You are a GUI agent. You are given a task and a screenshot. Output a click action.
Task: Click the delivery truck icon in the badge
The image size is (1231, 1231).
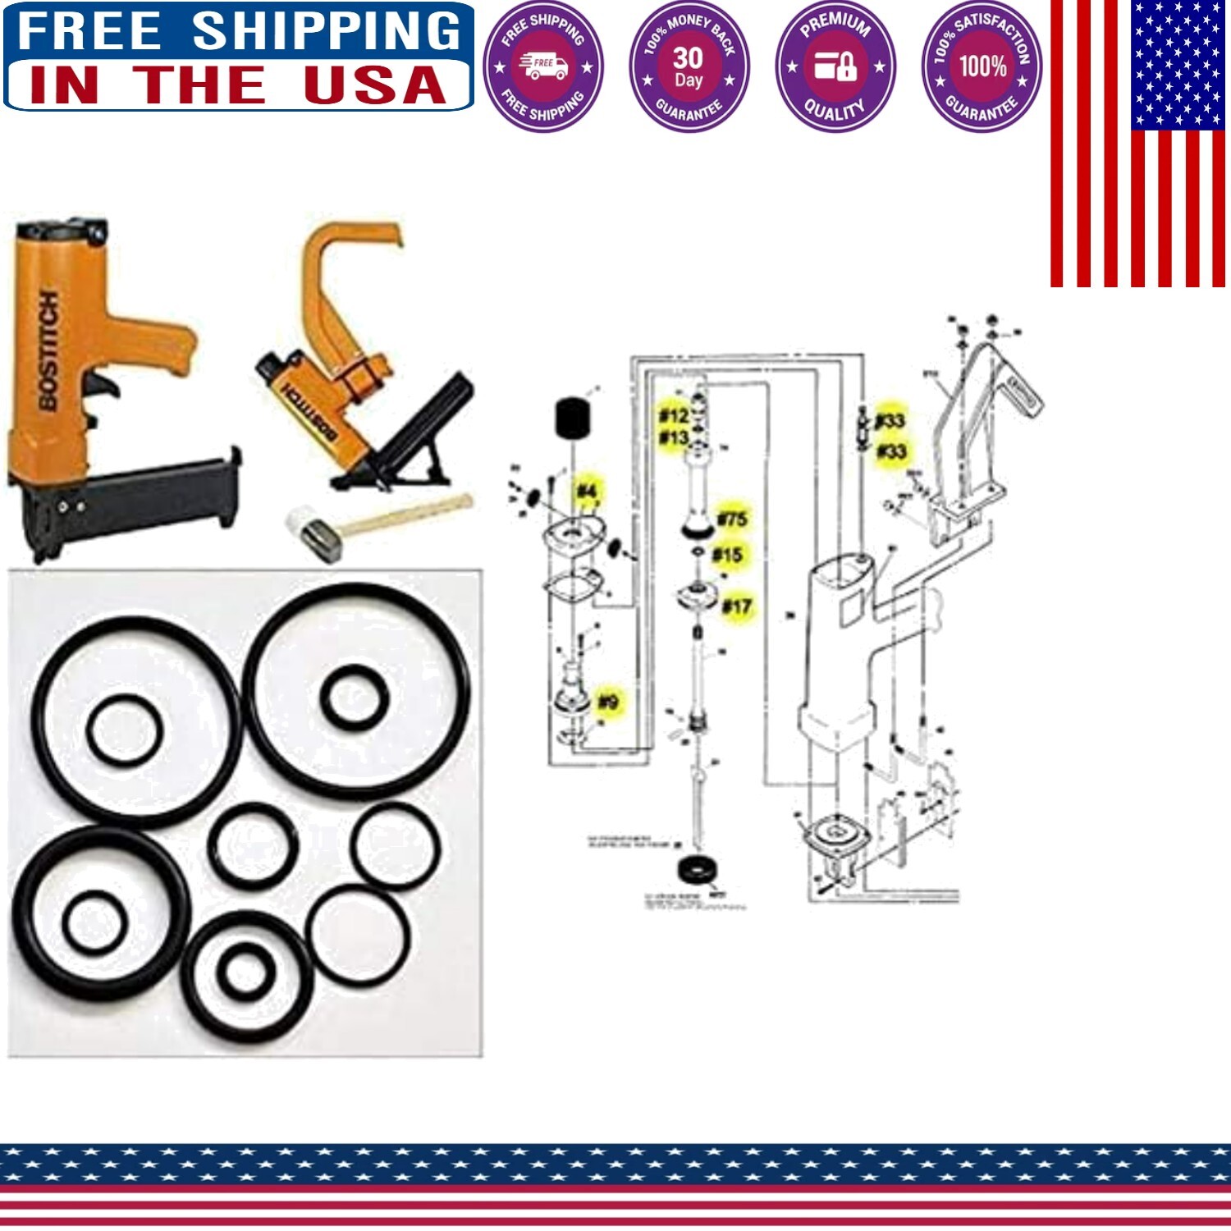tap(542, 66)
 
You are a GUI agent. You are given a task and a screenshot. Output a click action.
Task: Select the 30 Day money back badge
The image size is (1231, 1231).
tap(689, 66)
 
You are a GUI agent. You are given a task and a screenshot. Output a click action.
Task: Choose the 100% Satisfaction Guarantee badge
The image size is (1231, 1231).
tap(982, 66)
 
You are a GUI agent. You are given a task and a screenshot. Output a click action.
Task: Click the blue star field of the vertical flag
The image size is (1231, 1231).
tap(1178, 64)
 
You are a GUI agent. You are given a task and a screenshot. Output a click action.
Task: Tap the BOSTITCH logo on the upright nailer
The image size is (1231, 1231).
tap(48, 350)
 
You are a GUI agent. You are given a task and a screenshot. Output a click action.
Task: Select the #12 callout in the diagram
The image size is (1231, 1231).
tap(674, 415)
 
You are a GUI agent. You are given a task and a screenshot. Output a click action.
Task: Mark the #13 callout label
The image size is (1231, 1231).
tap(674, 437)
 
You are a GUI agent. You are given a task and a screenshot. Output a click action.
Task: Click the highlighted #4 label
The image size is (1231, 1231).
tap(586, 491)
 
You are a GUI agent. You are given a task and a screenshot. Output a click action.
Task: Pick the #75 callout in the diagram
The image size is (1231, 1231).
tap(732, 519)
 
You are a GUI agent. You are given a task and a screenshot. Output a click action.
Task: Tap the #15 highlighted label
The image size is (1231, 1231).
tap(727, 555)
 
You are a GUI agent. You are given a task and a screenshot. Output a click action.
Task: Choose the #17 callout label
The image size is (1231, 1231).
tap(736, 606)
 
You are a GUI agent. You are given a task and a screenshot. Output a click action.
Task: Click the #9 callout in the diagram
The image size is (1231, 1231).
tap(608, 702)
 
